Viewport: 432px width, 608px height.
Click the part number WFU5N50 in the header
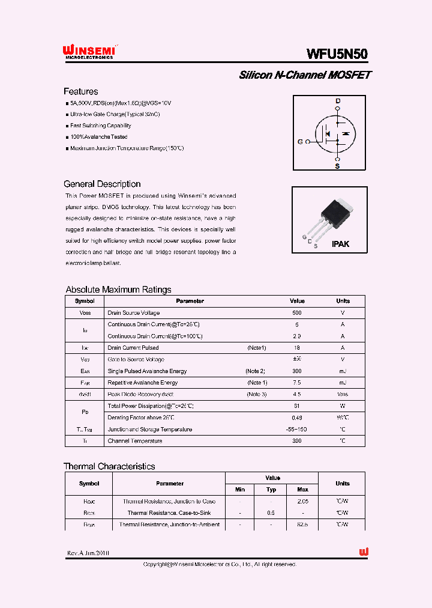click(x=337, y=54)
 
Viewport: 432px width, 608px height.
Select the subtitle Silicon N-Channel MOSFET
click(x=305, y=75)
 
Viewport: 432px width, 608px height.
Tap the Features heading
click(x=81, y=91)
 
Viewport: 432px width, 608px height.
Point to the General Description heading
click(x=102, y=184)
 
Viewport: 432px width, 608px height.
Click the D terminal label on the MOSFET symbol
click(x=337, y=100)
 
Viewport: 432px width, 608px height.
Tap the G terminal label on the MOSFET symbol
click(x=300, y=142)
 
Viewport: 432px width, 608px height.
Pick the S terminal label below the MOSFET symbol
click(x=337, y=166)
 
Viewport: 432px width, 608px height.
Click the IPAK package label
click(x=340, y=244)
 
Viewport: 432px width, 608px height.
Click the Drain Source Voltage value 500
click(x=297, y=313)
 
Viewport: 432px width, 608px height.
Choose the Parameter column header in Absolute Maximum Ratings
click(x=190, y=301)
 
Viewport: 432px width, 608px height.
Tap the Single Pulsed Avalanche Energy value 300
click(x=297, y=371)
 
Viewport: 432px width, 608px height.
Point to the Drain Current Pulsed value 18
click(x=297, y=348)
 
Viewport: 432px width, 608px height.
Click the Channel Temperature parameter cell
click(x=135, y=441)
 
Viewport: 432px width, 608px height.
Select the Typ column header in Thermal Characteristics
click(x=271, y=490)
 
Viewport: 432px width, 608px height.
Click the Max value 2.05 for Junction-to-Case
click(x=302, y=501)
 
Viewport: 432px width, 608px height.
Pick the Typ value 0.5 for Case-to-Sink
click(x=271, y=513)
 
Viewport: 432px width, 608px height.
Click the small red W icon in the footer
click(x=364, y=552)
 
